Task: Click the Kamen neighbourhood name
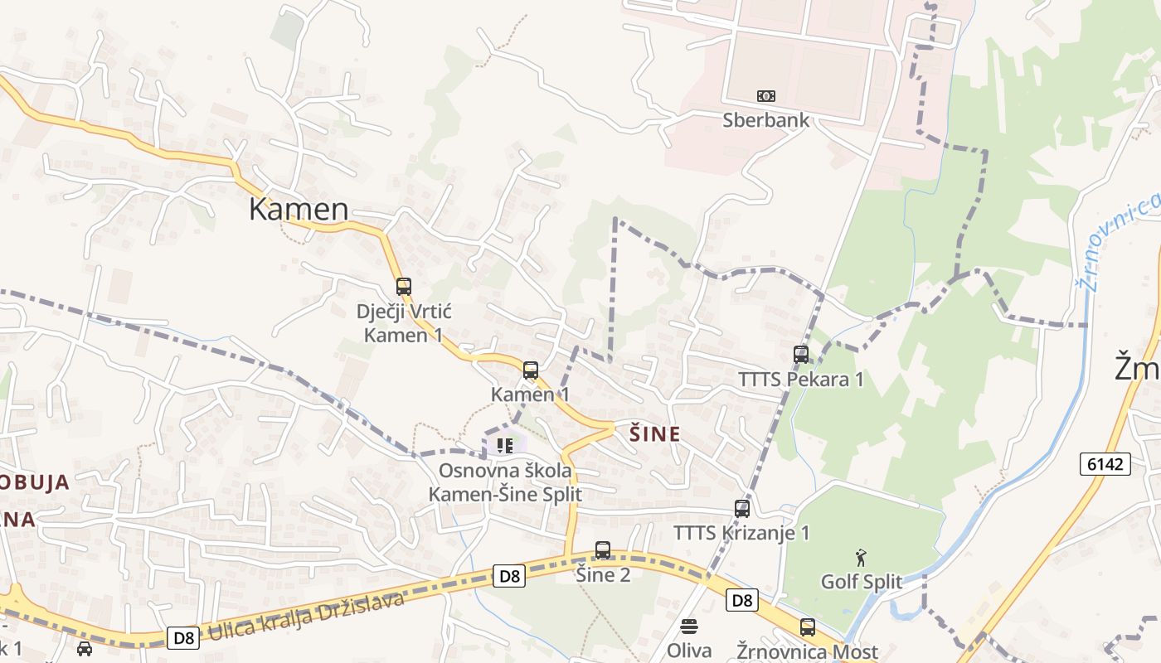click(x=299, y=209)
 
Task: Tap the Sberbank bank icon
click(x=765, y=96)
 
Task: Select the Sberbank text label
click(x=765, y=120)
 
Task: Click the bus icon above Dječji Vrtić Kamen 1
click(x=403, y=287)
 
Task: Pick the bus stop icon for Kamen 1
click(x=531, y=370)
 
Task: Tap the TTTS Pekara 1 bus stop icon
click(x=801, y=355)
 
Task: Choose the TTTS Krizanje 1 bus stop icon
click(x=742, y=509)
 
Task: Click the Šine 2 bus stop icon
click(x=603, y=550)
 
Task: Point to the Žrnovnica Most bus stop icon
click(x=808, y=627)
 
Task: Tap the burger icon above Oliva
click(x=689, y=626)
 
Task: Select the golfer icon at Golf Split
click(x=861, y=558)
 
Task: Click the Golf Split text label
click(x=861, y=582)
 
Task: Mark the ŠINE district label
click(x=655, y=434)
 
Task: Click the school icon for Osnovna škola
click(x=505, y=446)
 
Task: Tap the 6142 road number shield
click(x=1106, y=463)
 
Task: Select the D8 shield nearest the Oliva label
click(x=742, y=599)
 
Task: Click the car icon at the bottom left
click(x=85, y=648)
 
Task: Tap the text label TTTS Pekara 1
click(x=801, y=380)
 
